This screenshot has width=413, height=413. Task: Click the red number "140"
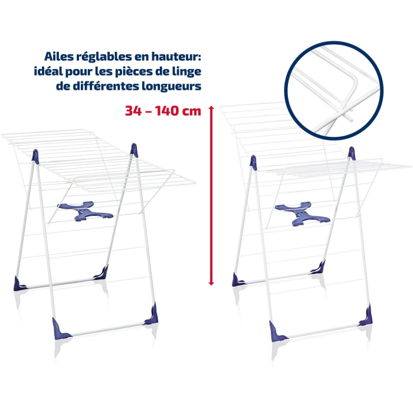tap(166, 111)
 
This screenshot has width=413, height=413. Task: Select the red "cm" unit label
tap(192, 112)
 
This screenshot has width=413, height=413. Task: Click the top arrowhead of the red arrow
tap(211, 107)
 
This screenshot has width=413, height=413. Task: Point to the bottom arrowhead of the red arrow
tap(211, 283)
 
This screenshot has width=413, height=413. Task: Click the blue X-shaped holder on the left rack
tap(85, 211)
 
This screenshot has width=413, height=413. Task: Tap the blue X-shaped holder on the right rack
tap(302, 214)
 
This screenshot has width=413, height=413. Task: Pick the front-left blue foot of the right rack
tap(277, 332)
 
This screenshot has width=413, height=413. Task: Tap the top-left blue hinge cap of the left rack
tap(35, 156)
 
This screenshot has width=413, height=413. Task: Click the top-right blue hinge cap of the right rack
tap(352, 153)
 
